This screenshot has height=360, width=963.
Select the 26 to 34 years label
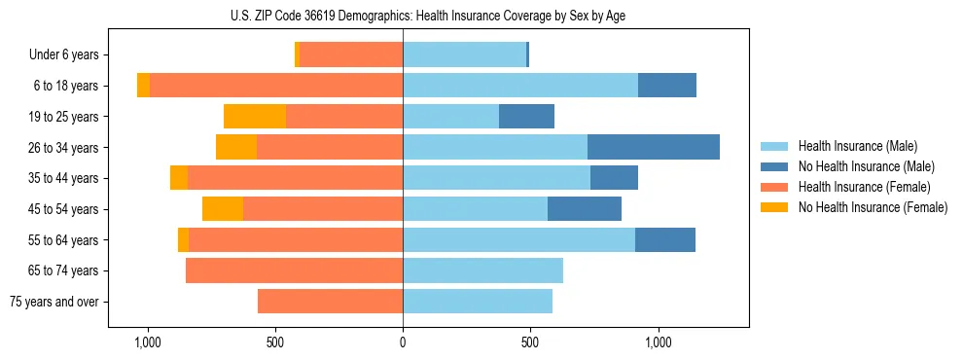pos(66,148)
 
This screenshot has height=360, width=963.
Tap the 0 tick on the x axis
pos(403,342)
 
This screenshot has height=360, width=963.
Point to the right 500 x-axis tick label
pos(530,342)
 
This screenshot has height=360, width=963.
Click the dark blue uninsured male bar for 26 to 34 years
pos(654,147)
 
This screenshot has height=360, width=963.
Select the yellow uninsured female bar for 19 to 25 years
pos(255,117)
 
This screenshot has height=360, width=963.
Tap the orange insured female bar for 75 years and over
pos(330,302)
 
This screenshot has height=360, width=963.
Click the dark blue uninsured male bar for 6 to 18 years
pos(667,86)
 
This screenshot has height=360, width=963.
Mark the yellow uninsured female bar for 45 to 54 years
pos(223,209)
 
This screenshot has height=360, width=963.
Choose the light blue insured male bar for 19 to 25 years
pos(450,117)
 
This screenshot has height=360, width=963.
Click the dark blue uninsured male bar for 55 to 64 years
pos(665,239)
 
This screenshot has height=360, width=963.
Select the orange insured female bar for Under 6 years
pos(351,55)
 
